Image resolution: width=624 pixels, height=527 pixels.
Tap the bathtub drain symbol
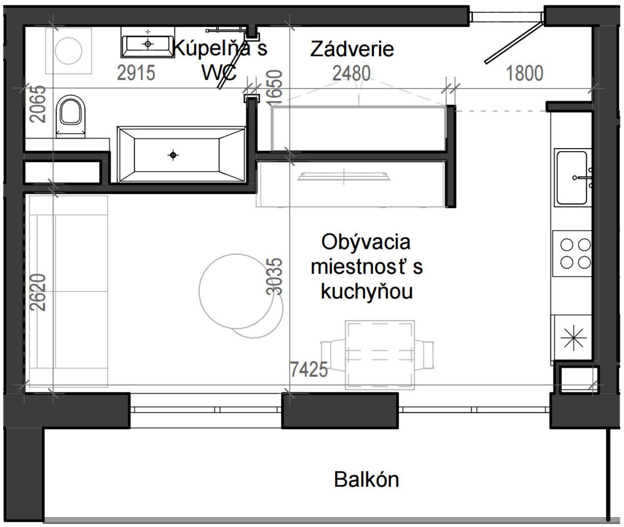[173, 155]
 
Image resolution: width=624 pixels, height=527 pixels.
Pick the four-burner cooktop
[572, 253]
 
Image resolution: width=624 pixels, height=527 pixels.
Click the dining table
[380, 355]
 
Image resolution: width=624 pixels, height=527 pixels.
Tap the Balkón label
[366, 480]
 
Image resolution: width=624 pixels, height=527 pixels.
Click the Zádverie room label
[352, 49]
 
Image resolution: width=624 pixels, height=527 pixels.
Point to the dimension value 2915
[136, 73]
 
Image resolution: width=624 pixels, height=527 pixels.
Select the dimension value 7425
[309, 369]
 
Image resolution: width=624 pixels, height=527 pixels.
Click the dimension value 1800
[524, 73]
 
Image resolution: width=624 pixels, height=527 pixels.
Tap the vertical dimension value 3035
[274, 276]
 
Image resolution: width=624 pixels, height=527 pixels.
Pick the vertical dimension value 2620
[39, 292]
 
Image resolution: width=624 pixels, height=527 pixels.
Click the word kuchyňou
[367, 291]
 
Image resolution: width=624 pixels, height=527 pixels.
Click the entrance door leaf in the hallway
[513, 43]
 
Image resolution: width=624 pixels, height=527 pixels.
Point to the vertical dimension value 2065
[39, 103]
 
